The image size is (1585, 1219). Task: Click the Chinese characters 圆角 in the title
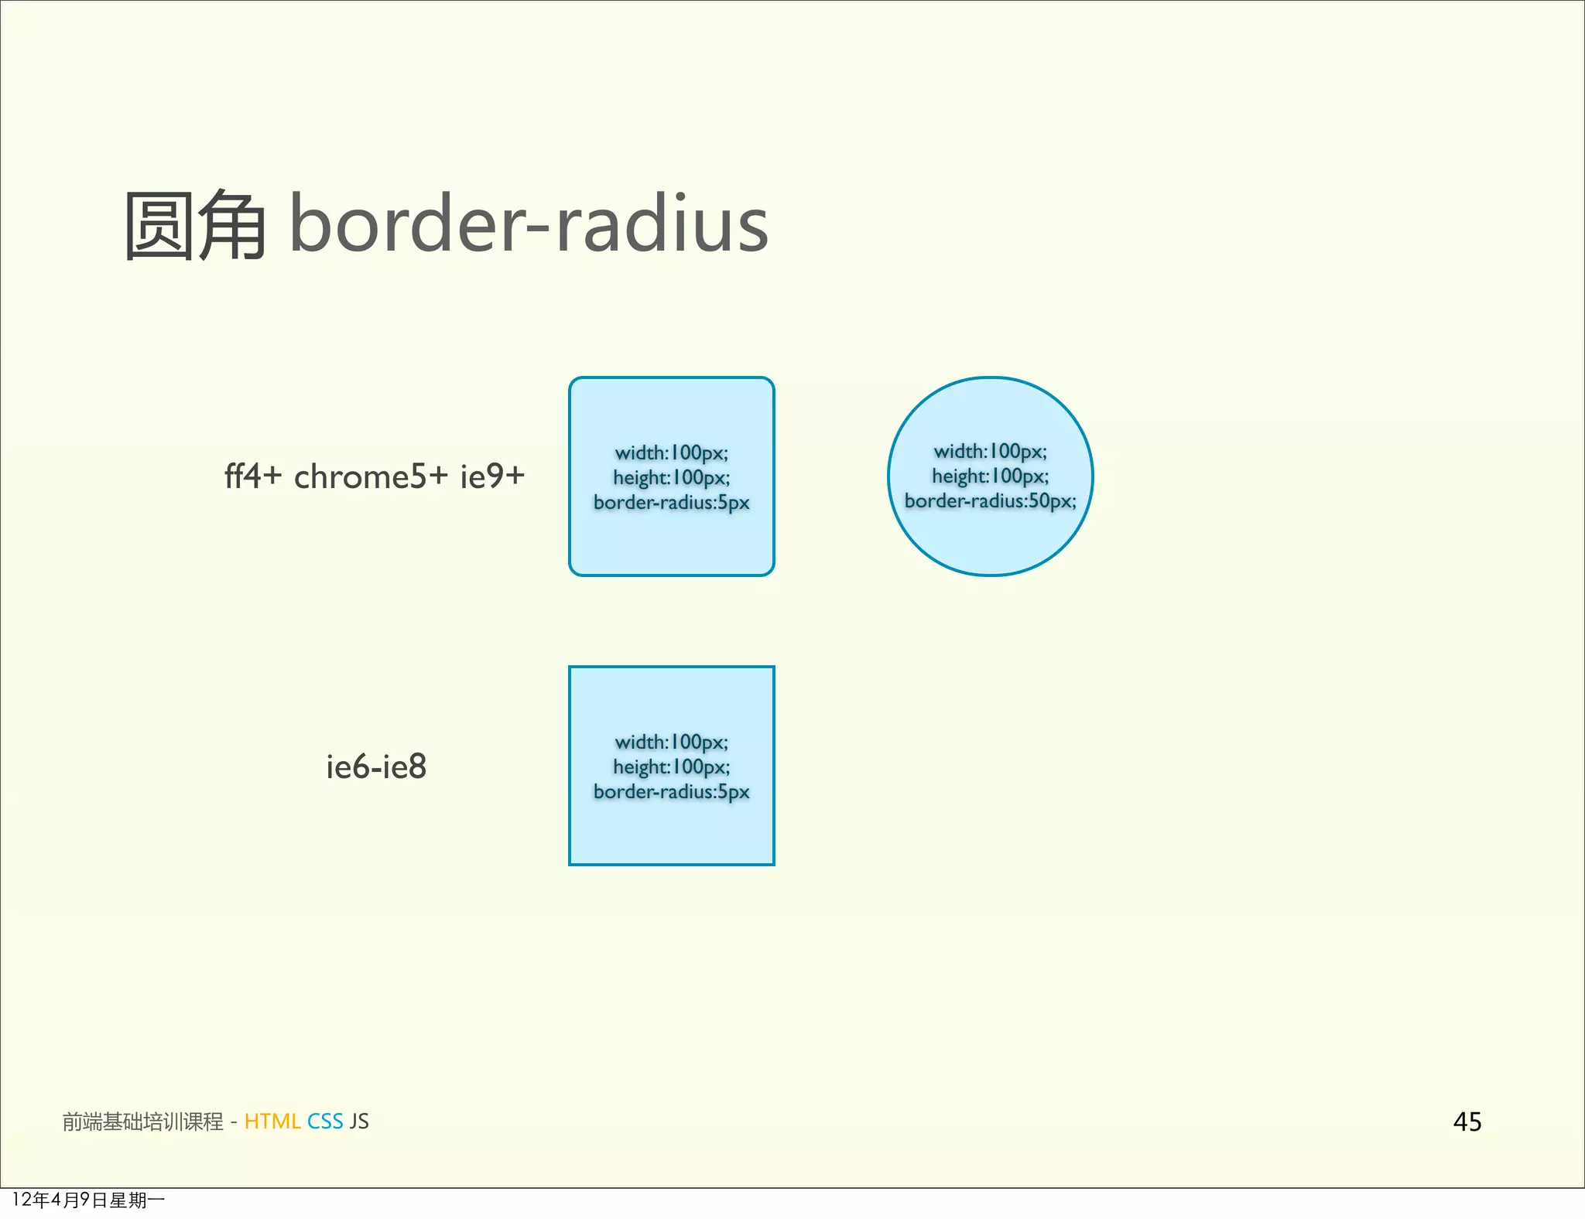[x=195, y=225]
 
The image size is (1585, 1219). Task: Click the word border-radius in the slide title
[x=529, y=224]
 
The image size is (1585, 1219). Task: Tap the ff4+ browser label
[x=252, y=476]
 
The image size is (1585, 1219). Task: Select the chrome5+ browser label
[x=371, y=476]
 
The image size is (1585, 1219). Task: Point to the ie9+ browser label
[x=492, y=476]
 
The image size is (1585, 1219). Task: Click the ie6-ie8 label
[x=376, y=767]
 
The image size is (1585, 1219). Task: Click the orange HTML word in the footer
[x=272, y=1122]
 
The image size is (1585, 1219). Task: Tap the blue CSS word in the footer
[x=325, y=1122]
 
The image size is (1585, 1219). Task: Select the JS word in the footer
[x=359, y=1122]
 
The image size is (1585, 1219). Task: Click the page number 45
[x=1467, y=1122]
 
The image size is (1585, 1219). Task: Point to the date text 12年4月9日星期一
[x=88, y=1200]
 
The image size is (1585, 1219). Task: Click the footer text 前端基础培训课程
[x=142, y=1122]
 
